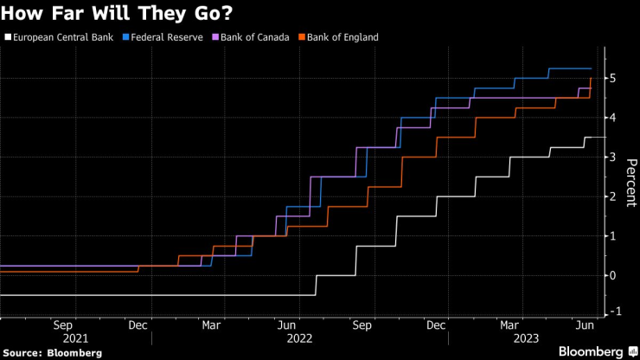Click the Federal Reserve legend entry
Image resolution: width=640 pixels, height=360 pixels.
pyautogui.click(x=166, y=37)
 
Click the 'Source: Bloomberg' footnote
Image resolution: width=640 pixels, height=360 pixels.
pyautogui.click(x=52, y=353)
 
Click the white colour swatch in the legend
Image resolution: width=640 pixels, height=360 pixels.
pyautogui.click(x=9, y=37)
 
